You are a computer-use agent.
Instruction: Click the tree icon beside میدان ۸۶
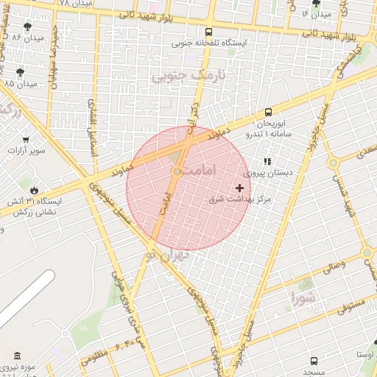click(27, 27)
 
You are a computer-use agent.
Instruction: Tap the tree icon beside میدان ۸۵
click(20, 72)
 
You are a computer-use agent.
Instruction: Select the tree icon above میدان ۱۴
click(316, 3)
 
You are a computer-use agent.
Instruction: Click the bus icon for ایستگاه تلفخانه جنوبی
click(209, 32)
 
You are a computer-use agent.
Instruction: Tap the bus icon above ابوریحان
click(268, 113)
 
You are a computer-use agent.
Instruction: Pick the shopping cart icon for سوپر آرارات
click(26, 139)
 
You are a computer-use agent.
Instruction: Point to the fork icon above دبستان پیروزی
click(267, 161)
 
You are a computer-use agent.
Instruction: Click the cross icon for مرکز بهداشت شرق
click(239, 188)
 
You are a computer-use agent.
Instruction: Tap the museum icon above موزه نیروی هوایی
click(16, 356)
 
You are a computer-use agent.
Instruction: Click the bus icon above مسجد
click(314, 361)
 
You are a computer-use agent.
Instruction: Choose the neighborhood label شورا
click(303, 298)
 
